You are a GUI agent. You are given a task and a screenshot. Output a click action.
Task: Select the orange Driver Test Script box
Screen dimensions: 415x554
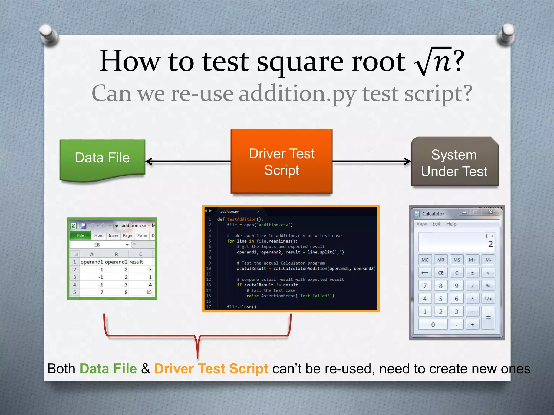pos(281,161)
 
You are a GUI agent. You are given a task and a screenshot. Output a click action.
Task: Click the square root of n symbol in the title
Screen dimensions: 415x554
pos(433,61)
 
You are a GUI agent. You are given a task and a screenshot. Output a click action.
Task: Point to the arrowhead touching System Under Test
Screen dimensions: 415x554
pos(407,162)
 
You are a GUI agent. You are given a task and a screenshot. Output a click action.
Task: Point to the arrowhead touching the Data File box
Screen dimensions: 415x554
pos(149,162)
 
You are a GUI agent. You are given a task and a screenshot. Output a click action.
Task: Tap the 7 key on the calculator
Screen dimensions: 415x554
pos(425,286)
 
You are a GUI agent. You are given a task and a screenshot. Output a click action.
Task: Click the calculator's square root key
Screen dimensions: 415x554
pos(488,273)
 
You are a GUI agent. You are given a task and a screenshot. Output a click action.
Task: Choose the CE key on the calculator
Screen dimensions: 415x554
pos(441,273)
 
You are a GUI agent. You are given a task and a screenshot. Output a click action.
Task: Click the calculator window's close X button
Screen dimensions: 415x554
pos(490,212)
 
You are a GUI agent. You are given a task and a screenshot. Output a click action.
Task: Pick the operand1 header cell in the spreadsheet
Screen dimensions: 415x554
pos(92,262)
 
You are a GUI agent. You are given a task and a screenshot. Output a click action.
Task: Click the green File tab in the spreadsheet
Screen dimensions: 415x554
pos(81,236)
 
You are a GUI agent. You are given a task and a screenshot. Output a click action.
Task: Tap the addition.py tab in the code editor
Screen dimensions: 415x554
pos(229,212)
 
